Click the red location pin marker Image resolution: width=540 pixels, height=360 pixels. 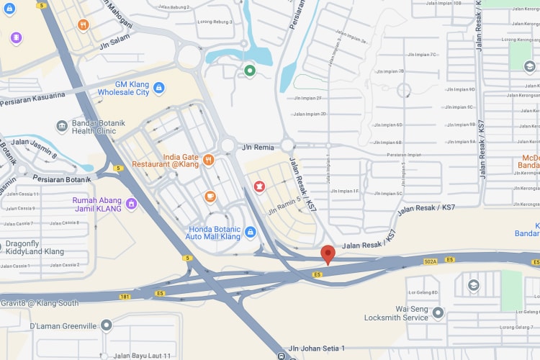[328, 254]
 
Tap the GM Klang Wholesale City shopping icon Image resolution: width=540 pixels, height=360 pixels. [159, 88]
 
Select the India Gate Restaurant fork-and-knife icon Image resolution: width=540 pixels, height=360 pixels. [209, 159]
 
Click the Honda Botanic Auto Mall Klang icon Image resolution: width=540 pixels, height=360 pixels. [250, 232]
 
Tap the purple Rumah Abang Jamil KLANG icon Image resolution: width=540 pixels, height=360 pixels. [131, 204]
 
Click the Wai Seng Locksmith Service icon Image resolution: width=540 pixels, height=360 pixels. [438, 312]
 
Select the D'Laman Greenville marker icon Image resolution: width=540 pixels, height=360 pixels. [107, 326]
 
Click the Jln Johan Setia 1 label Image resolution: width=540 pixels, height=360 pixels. [322, 348]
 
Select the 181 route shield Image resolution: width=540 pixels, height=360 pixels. [126, 296]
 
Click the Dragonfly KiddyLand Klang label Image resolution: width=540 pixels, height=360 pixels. [35, 248]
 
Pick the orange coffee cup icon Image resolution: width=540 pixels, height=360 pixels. [210, 196]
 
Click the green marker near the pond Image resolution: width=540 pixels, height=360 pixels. [250, 71]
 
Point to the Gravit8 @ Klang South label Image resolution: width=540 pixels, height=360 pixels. [40, 303]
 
